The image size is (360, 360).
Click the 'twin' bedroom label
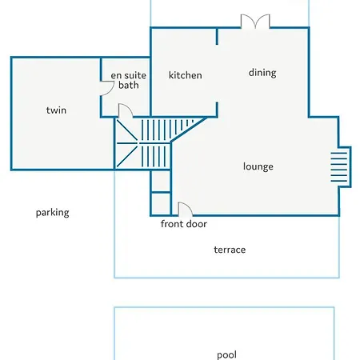click(x=56, y=110)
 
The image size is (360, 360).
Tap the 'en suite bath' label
click(x=129, y=80)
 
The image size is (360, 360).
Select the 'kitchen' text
click(x=186, y=75)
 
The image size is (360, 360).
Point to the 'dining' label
click(x=262, y=73)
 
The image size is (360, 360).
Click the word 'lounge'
click(x=258, y=166)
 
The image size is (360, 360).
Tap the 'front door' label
click(x=184, y=224)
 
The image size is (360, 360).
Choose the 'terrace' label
click(x=230, y=250)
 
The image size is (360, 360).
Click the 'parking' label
click(x=53, y=213)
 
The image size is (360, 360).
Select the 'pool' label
click(x=226, y=354)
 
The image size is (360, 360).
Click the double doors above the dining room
click(x=255, y=22)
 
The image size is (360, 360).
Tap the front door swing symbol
click(x=185, y=209)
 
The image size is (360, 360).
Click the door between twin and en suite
click(x=107, y=88)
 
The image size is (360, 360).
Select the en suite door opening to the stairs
click(x=126, y=110)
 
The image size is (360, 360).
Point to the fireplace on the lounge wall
click(x=342, y=167)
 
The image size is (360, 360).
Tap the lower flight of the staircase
click(x=154, y=157)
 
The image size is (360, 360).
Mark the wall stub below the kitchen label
click(x=217, y=110)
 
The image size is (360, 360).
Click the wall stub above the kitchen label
click(x=217, y=36)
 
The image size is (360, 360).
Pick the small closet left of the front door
click(x=161, y=203)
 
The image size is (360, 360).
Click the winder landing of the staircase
click(x=126, y=143)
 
